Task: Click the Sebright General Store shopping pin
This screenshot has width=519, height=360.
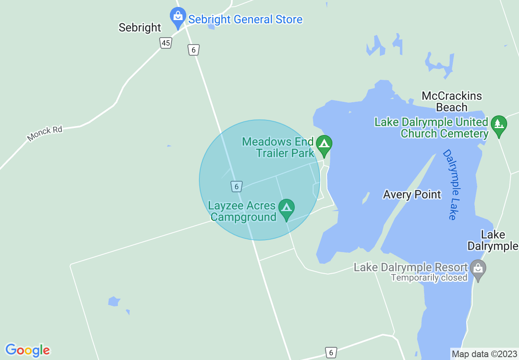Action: [x=178, y=17]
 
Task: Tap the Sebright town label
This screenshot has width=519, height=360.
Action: [x=140, y=27]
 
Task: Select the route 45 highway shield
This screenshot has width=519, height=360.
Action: [x=165, y=43]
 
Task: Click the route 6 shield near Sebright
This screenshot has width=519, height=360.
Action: [x=194, y=50]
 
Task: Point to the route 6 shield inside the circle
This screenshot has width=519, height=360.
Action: [x=236, y=187]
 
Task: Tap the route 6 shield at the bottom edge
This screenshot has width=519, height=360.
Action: [x=331, y=352]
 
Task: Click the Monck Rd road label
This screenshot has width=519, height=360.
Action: [x=45, y=133]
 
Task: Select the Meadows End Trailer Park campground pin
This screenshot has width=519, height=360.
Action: [x=324, y=145]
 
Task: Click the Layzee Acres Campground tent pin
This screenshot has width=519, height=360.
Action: [x=286, y=208]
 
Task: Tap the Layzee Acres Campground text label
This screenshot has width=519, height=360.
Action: [x=242, y=211]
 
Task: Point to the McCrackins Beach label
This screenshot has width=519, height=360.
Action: [x=451, y=101]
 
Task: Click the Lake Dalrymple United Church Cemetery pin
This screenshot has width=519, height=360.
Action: [x=499, y=124]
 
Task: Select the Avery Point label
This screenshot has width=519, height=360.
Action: [x=412, y=194]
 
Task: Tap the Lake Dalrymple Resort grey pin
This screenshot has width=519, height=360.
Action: [x=478, y=270]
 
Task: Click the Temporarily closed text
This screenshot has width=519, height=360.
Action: [x=429, y=278]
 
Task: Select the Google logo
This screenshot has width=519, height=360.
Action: [x=27, y=350]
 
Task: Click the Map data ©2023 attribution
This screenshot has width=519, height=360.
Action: [x=484, y=354]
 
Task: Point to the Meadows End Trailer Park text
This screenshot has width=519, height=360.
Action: [x=278, y=147]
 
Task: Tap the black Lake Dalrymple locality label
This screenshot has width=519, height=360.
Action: [x=493, y=240]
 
